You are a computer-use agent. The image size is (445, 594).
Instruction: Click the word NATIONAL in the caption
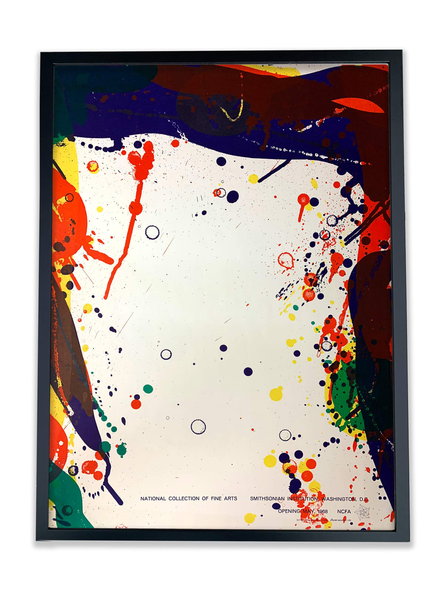[153, 499]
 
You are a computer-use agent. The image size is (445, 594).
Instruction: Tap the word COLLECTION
[184, 499]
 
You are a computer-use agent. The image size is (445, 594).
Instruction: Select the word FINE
[216, 499]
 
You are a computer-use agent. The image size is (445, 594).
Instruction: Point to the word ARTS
[231, 499]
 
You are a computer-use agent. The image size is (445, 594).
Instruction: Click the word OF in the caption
[205, 499]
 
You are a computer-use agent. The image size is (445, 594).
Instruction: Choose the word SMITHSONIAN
[267, 499]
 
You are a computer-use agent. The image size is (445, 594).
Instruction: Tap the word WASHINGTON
[339, 499]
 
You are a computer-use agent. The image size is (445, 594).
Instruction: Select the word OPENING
[289, 511]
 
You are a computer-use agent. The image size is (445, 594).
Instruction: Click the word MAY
[308, 511]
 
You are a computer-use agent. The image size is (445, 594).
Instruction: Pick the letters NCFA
[344, 511]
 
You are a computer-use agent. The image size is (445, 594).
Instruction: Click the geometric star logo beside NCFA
[362, 513]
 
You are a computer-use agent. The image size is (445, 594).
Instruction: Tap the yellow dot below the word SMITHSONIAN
[250, 518]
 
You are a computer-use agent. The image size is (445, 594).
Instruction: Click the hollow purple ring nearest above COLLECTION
[198, 427]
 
